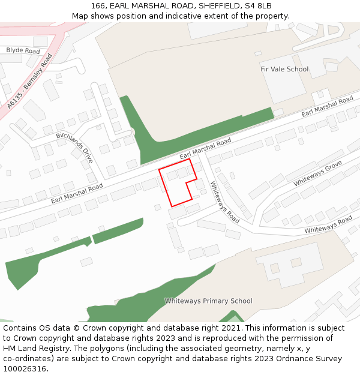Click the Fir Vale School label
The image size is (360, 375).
click(284, 69)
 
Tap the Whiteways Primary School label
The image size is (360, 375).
click(208, 301)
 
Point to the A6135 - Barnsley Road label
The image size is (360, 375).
click(29, 82)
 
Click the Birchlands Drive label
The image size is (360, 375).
click(75, 148)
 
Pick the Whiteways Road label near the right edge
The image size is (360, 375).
click(328, 226)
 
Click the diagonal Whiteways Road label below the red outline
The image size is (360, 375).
click(224, 203)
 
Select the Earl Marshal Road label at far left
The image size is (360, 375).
click(77, 193)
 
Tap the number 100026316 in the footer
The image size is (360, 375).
click(25, 369)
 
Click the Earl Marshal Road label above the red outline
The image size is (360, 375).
click(205, 148)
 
